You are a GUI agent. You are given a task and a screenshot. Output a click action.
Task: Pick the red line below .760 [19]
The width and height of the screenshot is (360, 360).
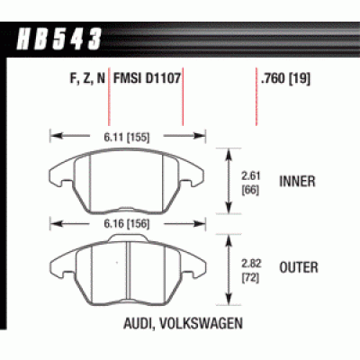point(256,112)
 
